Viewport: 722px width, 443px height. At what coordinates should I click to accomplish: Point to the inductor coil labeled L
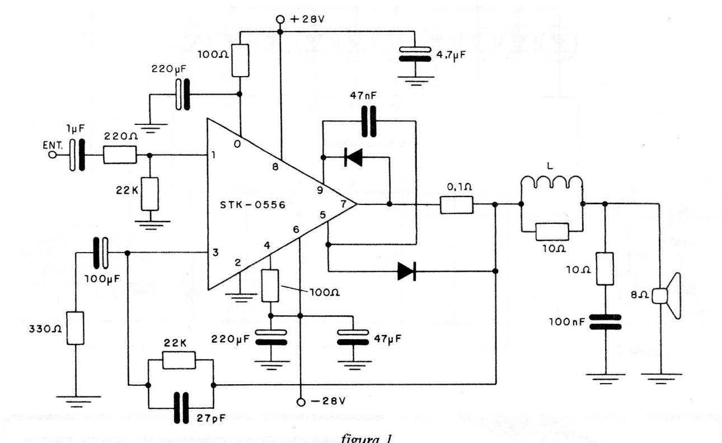point(552,183)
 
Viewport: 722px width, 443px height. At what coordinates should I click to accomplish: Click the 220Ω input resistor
point(120,155)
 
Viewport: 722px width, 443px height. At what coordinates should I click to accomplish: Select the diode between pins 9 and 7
point(353,157)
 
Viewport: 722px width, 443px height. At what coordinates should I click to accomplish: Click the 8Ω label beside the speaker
point(646,292)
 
